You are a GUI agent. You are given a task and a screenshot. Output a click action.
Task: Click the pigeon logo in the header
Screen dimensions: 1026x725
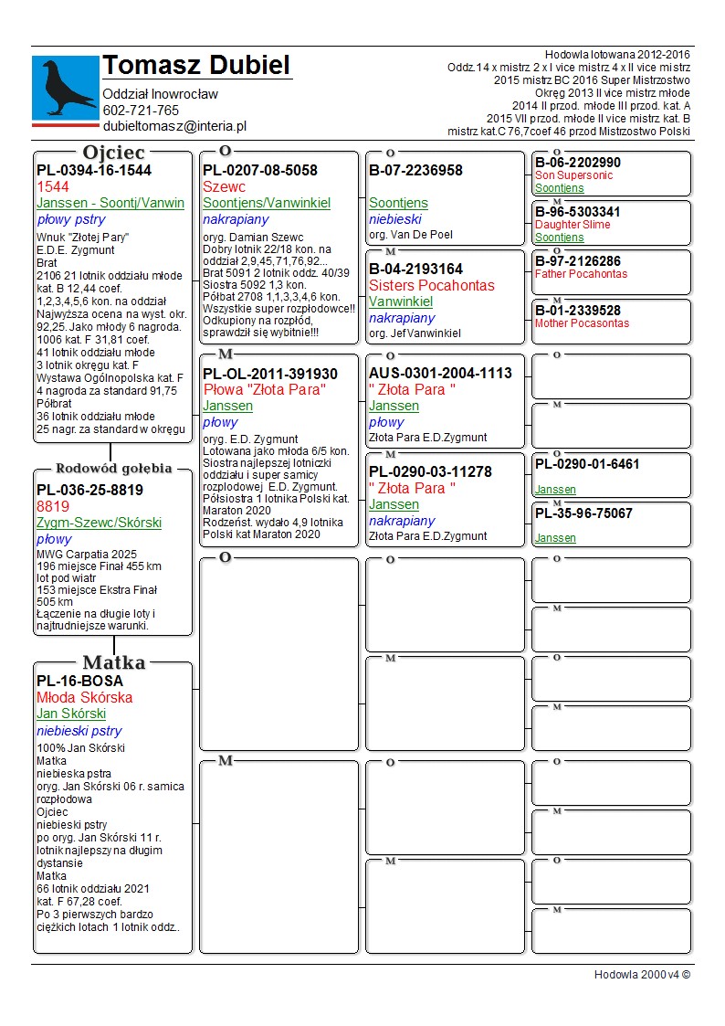[65, 88]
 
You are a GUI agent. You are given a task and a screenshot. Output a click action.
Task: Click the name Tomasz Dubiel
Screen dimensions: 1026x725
[196, 66]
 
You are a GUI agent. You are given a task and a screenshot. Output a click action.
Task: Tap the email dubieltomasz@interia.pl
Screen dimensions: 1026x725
[174, 127]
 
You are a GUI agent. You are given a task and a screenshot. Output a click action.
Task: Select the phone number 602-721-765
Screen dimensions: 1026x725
[141, 111]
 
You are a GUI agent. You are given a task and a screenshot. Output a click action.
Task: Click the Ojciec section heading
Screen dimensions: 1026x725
[113, 153]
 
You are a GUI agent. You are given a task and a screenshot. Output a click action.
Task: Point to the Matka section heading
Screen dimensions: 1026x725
[113, 663]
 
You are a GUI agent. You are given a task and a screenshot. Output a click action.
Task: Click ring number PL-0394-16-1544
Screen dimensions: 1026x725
[94, 170]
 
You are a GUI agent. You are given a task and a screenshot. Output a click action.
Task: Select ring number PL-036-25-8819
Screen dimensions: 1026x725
[89, 490]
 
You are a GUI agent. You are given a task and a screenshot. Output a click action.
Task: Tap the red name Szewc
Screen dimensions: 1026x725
[224, 186]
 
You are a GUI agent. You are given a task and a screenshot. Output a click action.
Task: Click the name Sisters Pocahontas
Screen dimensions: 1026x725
[430, 285]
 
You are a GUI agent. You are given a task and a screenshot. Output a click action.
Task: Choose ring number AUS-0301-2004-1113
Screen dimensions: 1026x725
[441, 373]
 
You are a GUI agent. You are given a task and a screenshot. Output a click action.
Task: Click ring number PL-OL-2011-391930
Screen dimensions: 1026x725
[270, 374]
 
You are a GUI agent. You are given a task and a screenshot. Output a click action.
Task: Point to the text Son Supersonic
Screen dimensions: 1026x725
[574, 175]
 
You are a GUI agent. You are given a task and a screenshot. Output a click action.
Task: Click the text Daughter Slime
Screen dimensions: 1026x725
[573, 225]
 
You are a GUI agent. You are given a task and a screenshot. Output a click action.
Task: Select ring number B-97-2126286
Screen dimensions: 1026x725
[578, 261]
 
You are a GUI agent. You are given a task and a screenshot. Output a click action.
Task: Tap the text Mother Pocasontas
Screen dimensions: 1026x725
[582, 323]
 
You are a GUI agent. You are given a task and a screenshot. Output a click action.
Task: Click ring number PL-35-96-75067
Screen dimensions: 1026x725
[583, 513]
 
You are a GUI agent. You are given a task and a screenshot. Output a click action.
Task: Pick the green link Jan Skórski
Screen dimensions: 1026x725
[71, 714]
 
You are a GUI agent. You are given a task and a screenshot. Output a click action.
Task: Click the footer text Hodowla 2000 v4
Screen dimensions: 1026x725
[642, 975]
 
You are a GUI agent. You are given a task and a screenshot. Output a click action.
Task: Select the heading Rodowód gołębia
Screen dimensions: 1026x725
[113, 469]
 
